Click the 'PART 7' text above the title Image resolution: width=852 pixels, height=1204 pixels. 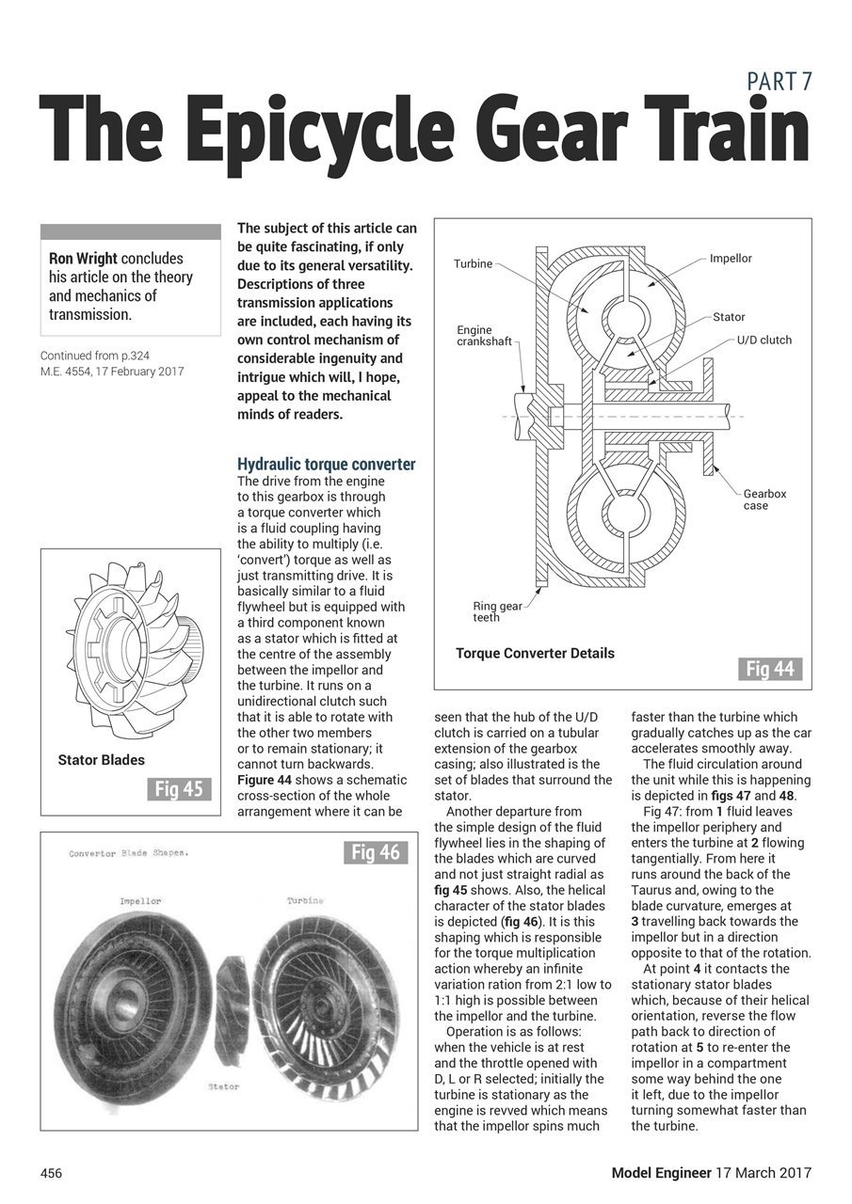click(x=779, y=82)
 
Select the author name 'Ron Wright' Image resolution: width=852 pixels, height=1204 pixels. click(x=84, y=259)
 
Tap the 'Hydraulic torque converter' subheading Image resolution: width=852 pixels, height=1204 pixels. click(x=326, y=465)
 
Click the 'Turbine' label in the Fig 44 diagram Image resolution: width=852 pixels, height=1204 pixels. click(x=473, y=264)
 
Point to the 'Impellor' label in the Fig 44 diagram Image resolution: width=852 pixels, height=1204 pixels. click(x=731, y=259)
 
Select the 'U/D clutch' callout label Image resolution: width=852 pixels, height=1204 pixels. click(x=764, y=340)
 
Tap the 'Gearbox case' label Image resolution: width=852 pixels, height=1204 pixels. click(x=764, y=499)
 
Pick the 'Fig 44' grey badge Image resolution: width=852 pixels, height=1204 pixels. click(x=769, y=669)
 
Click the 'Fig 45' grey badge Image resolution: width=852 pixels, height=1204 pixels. click(x=179, y=789)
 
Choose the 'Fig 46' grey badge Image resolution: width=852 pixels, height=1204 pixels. click(x=376, y=853)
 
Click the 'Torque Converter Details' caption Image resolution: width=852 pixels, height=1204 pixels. click(x=535, y=653)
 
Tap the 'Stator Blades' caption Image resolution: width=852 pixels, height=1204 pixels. click(x=102, y=760)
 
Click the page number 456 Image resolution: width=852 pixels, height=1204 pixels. click(x=51, y=1173)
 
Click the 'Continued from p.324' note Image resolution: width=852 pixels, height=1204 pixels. click(x=94, y=356)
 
